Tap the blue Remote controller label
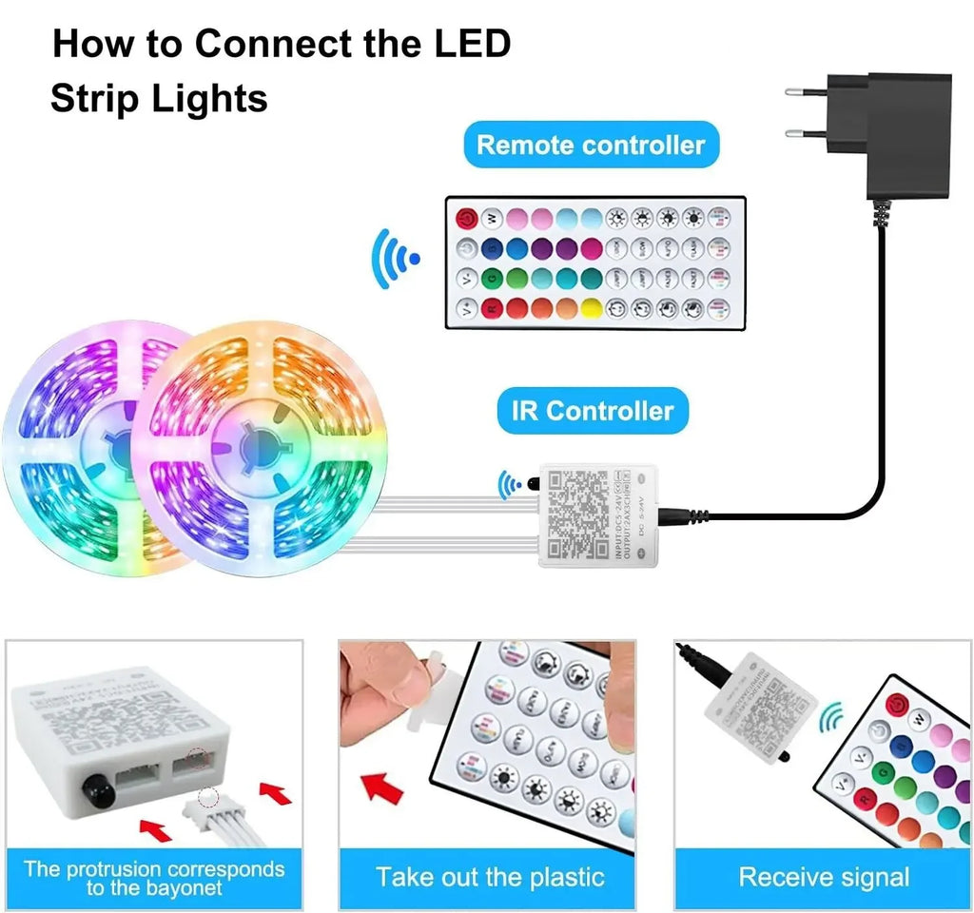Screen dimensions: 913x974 [x=590, y=145]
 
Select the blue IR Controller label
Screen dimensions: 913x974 [x=592, y=411]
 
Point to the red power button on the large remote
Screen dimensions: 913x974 [x=466, y=217]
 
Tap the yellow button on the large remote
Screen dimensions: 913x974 [x=591, y=308]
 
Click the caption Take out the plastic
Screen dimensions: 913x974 [x=490, y=876]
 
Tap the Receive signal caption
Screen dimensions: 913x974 [x=824, y=876]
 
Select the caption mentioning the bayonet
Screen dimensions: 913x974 [x=154, y=878]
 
